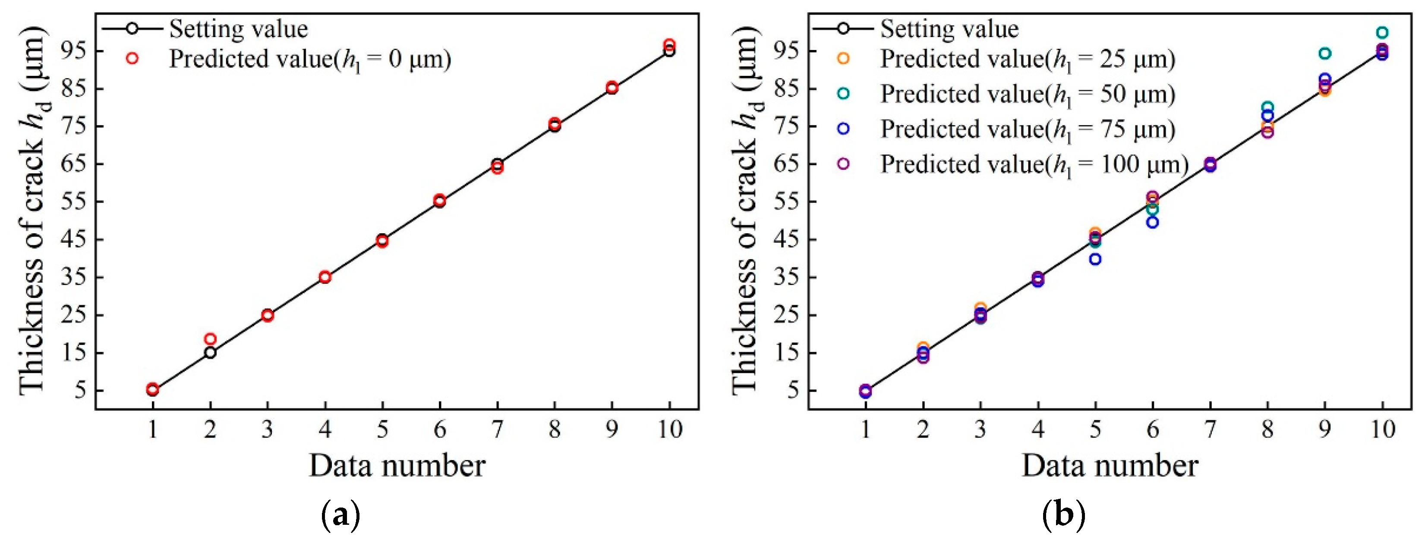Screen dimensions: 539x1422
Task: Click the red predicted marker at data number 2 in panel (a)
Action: (x=210, y=339)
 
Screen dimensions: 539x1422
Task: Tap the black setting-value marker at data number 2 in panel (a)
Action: (x=210, y=353)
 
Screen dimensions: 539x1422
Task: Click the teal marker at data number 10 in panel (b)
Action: (x=1382, y=32)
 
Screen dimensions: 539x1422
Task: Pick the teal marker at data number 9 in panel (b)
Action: (x=1324, y=53)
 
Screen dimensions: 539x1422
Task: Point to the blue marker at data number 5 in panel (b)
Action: (x=1095, y=259)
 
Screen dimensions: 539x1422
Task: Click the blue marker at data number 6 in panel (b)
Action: (x=1152, y=222)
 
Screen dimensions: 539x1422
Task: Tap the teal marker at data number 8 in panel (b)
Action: (x=1268, y=107)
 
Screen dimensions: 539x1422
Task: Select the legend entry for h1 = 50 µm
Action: (x=1027, y=94)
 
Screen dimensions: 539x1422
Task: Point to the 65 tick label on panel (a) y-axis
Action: (x=73, y=164)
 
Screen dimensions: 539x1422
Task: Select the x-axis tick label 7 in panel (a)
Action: (x=497, y=429)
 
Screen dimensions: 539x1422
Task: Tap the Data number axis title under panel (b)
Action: (x=1110, y=466)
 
